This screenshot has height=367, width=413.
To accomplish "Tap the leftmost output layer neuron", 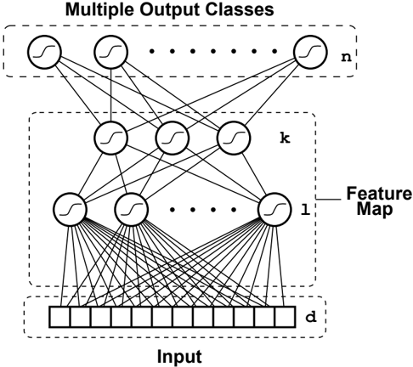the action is click(44, 52).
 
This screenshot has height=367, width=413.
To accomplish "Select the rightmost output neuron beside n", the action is click(311, 52).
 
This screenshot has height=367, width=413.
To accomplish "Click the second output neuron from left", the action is click(111, 52).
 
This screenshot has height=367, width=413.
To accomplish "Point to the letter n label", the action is click(346, 58).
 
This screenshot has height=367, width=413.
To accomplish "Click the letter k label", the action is click(285, 138).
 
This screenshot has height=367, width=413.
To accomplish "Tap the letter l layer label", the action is click(305, 210).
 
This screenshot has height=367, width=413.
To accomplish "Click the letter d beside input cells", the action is click(311, 318).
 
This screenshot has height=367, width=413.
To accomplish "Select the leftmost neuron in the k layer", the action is click(110, 138).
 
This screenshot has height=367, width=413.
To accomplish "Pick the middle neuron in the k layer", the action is click(173, 138).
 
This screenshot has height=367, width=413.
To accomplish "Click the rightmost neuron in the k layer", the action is click(234, 138).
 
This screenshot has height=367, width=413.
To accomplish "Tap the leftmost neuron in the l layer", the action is click(70, 209).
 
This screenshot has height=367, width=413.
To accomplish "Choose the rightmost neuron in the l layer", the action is click(274, 209).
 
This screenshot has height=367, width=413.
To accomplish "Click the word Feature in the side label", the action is click(379, 194).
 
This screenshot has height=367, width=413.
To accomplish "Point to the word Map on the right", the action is click(375, 210).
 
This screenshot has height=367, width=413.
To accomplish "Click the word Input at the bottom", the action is click(179, 357).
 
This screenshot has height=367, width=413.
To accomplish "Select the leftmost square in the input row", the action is click(59, 317).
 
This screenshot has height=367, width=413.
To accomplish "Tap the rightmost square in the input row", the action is click(286, 317).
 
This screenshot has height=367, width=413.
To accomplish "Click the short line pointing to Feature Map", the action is click(329, 200).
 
